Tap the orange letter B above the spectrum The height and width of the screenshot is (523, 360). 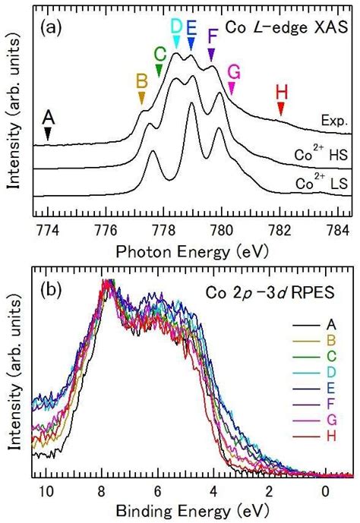coord(141,80)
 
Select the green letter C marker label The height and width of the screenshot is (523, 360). coord(159,54)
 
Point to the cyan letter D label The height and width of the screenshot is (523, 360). coord(176,27)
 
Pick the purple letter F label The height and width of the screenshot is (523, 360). coord(212,37)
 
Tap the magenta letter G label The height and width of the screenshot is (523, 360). coord(232,72)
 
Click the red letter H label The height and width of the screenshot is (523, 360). coord(281,92)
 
